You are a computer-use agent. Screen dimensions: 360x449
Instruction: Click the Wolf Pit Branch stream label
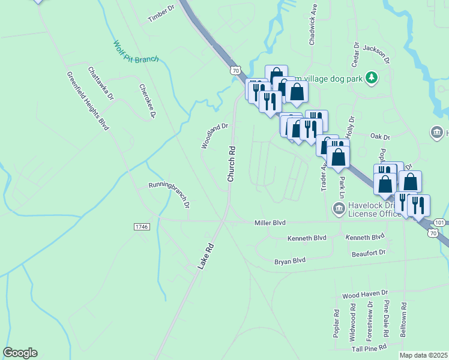point(136,52)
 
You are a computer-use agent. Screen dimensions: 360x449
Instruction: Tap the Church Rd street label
point(230,163)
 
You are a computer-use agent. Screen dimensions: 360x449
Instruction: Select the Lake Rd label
point(205,256)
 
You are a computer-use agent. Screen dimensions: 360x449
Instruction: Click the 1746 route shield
point(141,226)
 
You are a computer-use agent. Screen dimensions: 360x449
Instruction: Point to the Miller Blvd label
point(270,223)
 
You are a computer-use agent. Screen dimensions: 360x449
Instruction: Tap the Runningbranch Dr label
point(169,194)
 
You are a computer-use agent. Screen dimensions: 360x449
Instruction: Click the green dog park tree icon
point(372,77)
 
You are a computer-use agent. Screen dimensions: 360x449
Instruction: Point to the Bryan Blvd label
point(290,261)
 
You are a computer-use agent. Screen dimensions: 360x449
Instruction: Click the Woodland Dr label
point(214,136)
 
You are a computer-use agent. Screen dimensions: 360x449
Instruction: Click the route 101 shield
point(439,222)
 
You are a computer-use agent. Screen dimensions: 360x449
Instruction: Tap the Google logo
point(20,353)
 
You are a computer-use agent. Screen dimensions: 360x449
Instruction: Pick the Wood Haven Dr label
point(365,294)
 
